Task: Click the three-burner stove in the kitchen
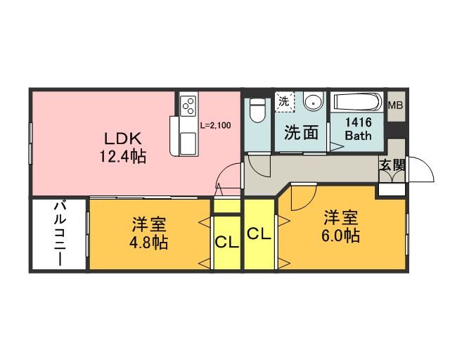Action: [x=188, y=106]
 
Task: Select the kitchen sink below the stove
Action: [x=189, y=142]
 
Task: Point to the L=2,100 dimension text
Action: [x=215, y=126]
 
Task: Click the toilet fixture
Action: [x=257, y=110]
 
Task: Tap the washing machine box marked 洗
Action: [x=283, y=101]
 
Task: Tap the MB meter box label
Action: [x=396, y=105]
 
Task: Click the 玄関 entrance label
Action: [x=391, y=166]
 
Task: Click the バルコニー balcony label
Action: [x=60, y=235]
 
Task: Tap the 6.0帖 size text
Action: [x=342, y=234]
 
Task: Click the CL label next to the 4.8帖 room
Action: [x=226, y=243]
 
